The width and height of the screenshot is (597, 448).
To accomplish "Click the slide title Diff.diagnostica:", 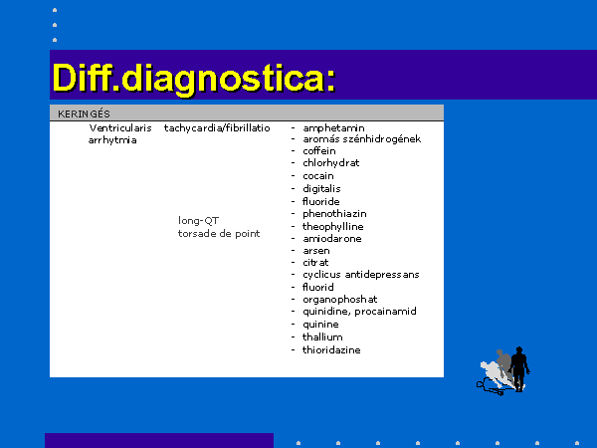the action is pos(194,79).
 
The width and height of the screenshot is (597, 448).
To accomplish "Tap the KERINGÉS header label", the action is pos(84,113).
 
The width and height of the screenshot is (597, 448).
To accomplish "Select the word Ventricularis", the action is pos(120,128).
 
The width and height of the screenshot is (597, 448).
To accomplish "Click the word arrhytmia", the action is pos(112,140).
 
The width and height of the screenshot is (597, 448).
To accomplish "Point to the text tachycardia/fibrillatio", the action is pos(217,128).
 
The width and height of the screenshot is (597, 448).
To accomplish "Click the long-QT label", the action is pos(198,221).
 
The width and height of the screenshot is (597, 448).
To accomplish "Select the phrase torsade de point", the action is pos(219,233).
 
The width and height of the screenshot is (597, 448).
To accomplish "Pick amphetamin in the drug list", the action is pos(333,128).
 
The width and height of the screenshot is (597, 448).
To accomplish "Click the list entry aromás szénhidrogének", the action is pos(362,139).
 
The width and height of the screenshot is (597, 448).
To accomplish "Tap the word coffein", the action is pos(319,151).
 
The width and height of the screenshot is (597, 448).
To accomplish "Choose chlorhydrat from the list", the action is pos(331,163).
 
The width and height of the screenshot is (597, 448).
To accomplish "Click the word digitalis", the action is pos(321,188).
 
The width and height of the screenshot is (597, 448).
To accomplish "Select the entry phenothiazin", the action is pos(334,214).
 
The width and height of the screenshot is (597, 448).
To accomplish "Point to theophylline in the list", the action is pos(332,227).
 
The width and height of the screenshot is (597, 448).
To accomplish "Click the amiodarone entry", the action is pos(332,239).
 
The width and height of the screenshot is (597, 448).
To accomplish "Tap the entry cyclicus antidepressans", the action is pos(361,275).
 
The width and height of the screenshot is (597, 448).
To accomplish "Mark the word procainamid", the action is pos(385,312).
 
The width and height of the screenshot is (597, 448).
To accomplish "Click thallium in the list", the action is pos(322,336).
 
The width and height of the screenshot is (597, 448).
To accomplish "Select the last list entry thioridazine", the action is pos(331,349).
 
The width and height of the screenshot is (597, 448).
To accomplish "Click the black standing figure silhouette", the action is pos(519,368).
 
